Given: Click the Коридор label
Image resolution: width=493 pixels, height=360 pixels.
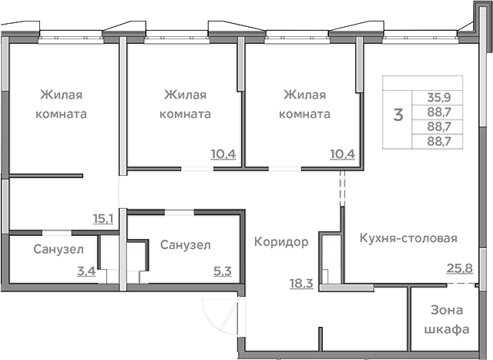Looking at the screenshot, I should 281,242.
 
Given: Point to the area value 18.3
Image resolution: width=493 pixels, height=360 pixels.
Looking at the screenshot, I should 300,284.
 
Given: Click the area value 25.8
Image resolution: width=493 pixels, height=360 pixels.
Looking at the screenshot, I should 459,268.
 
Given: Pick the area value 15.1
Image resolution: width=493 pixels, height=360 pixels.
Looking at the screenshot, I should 103,219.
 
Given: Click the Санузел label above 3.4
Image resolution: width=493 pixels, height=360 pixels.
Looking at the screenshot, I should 54,249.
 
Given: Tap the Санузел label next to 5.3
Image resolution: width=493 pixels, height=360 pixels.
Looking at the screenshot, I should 186,244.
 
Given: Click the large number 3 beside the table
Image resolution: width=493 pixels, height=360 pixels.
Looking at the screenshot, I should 398,116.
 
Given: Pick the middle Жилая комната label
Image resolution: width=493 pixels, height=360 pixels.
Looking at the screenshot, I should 185,104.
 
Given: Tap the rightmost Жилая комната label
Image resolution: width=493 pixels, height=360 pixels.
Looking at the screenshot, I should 305,104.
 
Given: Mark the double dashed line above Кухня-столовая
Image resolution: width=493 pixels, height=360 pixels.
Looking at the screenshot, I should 342,188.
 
